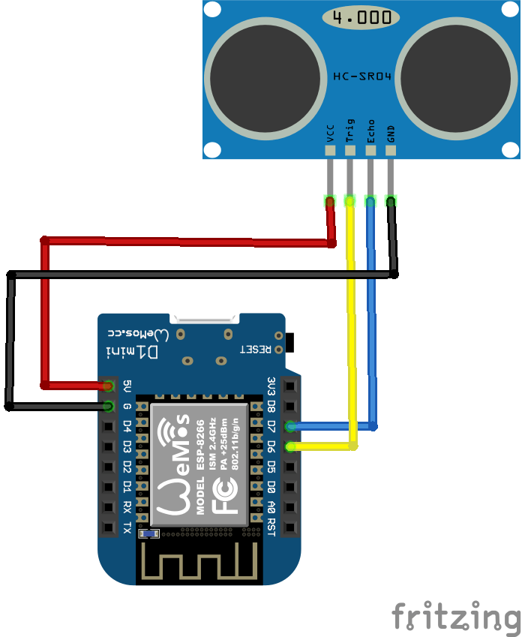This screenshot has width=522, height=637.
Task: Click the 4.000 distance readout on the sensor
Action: [x=361, y=18]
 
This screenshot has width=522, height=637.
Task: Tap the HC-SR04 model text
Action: [x=362, y=77]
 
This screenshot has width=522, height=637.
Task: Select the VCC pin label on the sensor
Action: [x=330, y=133]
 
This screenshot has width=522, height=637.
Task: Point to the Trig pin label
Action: [x=349, y=130]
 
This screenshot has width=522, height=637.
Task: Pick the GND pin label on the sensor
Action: [x=391, y=133]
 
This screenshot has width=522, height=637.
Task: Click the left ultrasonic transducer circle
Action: [x=264, y=76]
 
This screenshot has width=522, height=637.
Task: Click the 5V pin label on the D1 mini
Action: [x=127, y=386]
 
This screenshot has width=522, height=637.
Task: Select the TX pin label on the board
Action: [x=127, y=527]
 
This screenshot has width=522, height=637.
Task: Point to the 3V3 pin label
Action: [x=271, y=386]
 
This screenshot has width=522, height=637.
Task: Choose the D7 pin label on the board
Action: [x=271, y=427]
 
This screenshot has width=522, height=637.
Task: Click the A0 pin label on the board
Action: [x=271, y=507]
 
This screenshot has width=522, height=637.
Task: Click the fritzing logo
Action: [x=456, y=616]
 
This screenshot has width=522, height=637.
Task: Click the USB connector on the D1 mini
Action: [x=203, y=319]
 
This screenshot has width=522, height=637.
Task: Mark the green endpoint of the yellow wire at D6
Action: [x=289, y=447]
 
